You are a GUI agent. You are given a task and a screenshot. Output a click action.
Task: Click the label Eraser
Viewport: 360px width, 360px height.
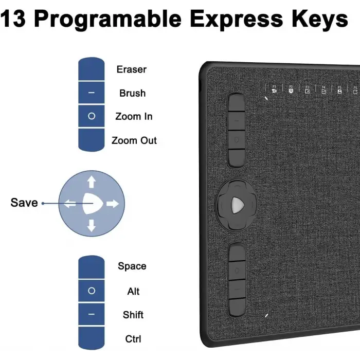(132, 69)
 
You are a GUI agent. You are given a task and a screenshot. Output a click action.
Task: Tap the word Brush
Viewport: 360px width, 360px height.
(132, 93)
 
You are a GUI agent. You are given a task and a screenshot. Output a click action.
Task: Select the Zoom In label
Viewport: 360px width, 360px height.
(134, 117)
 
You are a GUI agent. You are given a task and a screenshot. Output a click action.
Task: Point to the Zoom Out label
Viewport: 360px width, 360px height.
(134, 140)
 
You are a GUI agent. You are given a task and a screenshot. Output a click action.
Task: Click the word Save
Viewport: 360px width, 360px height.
(24, 203)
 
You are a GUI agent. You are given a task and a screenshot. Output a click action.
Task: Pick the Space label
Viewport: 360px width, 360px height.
(132, 266)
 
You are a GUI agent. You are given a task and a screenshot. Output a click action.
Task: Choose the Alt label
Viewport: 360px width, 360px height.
(133, 292)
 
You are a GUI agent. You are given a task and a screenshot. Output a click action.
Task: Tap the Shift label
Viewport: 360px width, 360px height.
(133, 315)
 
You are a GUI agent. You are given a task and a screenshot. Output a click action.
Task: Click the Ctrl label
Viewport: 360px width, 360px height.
(133, 339)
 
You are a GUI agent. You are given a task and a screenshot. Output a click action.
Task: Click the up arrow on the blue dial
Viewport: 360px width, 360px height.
(92, 182)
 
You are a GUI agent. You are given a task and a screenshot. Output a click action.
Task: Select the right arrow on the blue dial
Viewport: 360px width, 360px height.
(112, 204)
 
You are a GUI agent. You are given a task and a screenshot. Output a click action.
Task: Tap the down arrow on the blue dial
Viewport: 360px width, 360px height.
(92, 225)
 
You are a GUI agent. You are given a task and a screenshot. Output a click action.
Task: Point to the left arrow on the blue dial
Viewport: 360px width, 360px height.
(70, 204)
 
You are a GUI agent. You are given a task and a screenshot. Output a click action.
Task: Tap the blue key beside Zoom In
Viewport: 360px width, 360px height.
(92, 117)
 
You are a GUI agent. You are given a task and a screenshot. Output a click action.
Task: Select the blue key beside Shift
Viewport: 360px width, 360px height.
(92, 315)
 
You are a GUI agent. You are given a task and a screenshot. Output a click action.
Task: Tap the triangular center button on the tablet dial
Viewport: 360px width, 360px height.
(237, 204)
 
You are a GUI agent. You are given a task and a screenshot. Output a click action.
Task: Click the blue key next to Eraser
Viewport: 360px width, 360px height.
(92, 69)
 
